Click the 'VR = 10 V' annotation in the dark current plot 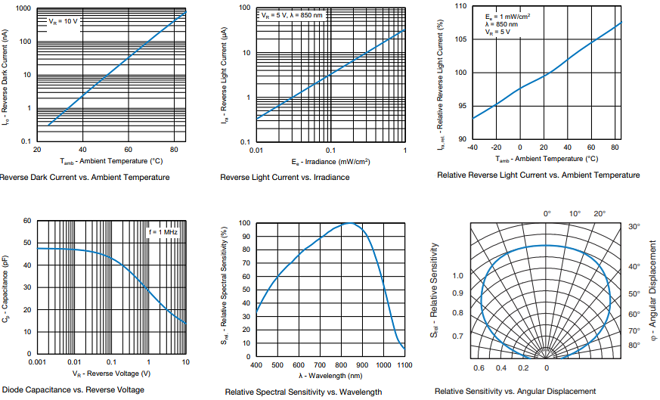pyautogui.click(x=64, y=21)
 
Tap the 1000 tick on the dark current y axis pyautogui.click(x=23, y=8)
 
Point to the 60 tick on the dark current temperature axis pyautogui.click(x=128, y=149)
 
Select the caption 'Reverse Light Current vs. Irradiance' pyautogui.click(x=284, y=177)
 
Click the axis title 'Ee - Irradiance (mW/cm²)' pyautogui.click(x=330, y=162)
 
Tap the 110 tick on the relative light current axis pyautogui.click(x=460, y=6)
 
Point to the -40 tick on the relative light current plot pyautogui.click(x=473, y=147)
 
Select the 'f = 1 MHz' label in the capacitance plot pyautogui.click(x=163, y=231)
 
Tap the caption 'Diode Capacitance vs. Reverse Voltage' pyautogui.click(x=73, y=389)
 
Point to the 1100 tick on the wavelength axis pyautogui.click(x=405, y=364)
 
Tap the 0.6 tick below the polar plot pyautogui.click(x=479, y=367)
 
